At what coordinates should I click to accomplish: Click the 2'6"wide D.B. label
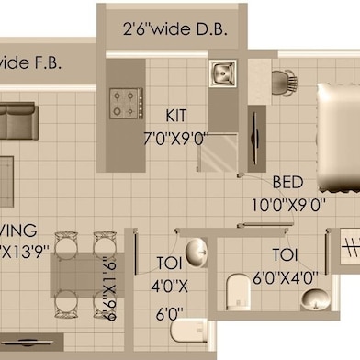(174, 29)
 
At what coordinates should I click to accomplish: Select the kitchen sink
(222, 72)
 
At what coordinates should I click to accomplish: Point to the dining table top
(81, 275)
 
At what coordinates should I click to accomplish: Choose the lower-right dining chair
(103, 302)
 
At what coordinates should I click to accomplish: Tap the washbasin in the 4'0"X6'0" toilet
(196, 251)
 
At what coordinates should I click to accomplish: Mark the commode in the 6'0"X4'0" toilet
(237, 293)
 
